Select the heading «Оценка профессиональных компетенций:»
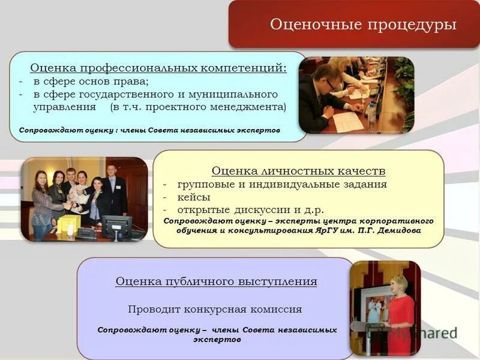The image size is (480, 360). point(158,68)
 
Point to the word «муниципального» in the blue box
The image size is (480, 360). point(239,94)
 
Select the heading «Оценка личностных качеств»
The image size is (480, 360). point(298,171)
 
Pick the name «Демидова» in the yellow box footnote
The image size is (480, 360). point(398,230)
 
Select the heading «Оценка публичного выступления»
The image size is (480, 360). point(216,281)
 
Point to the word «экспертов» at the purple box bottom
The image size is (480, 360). point(217,339)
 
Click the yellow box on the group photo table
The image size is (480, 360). point(67,224)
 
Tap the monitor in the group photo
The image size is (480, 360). point(116,226)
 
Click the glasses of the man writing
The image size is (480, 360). point(332,83)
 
